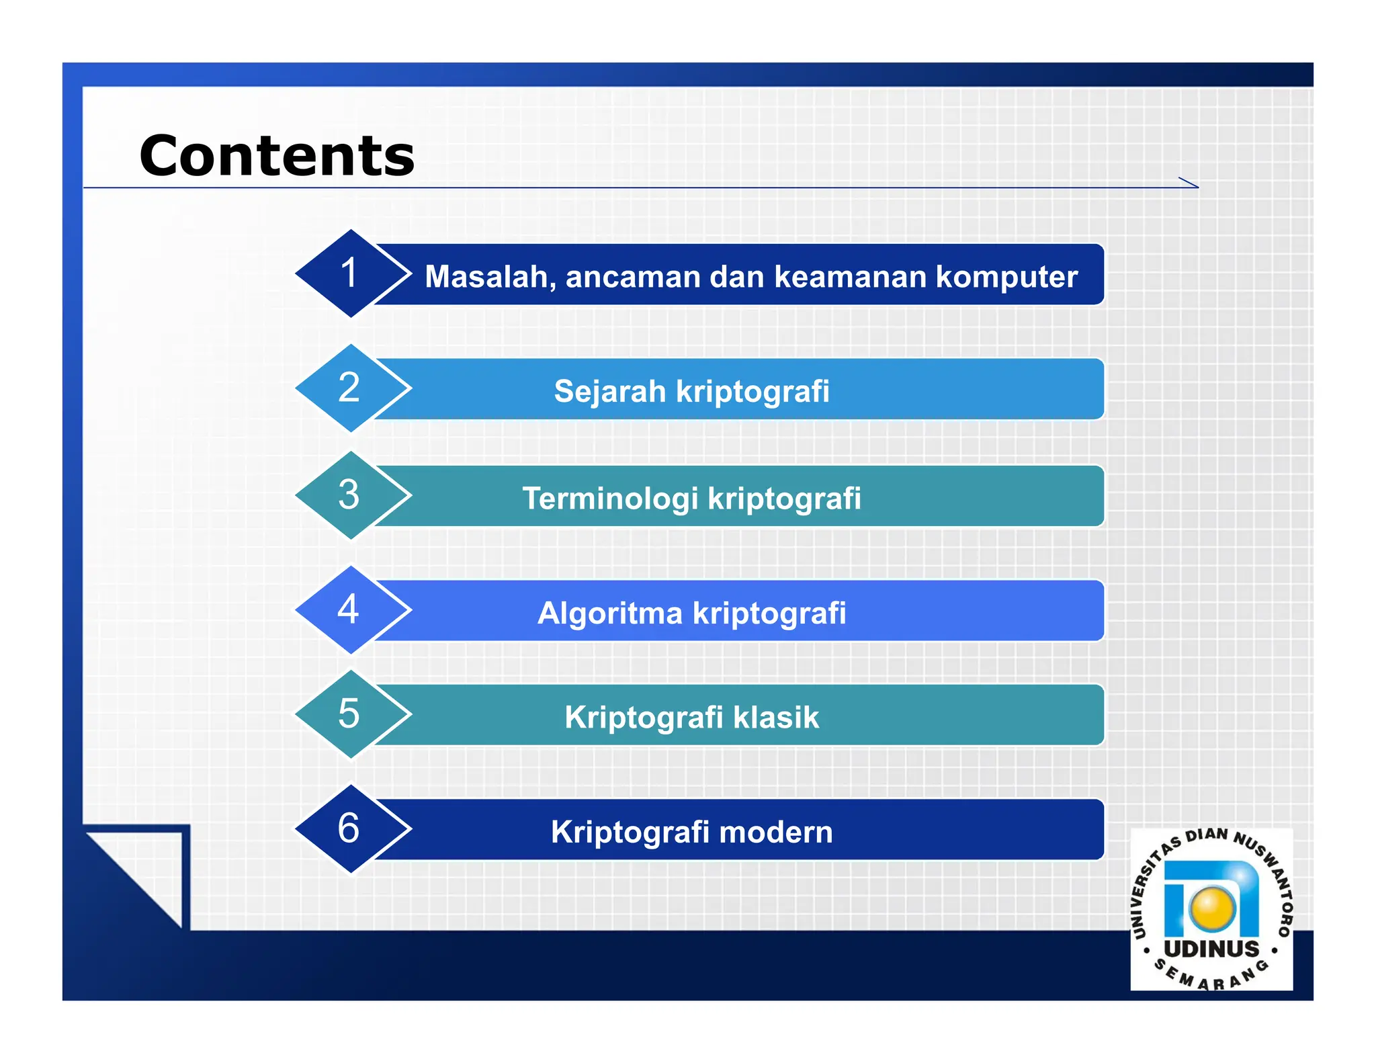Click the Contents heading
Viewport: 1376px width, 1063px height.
[x=277, y=156]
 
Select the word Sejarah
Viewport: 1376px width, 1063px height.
[x=609, y=391]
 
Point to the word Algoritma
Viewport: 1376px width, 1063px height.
[x=609, y=613]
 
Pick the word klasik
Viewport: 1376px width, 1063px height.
[x=776, y=717]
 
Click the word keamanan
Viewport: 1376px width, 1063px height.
[x=850, y=277]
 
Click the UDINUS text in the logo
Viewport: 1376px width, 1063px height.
[x=1211, y=949]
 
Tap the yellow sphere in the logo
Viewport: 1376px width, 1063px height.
[x=1213, y=908]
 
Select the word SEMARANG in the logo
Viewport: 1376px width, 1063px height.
[x=1211, y=979]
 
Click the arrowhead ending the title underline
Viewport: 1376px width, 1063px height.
[x=1190, y=183]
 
